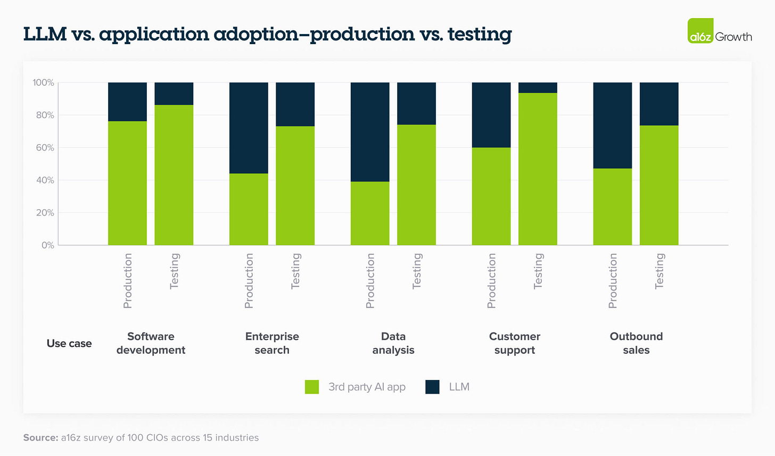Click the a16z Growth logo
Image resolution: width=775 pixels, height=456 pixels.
click(719, 31)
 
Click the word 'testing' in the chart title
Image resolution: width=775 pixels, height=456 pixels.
click(479, 34)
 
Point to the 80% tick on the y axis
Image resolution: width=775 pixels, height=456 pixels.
click(44, 115)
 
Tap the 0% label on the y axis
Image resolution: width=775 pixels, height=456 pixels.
click(47, 245)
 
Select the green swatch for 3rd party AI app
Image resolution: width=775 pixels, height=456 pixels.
click(312, 387)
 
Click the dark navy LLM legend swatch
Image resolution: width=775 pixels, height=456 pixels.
click(432, 387)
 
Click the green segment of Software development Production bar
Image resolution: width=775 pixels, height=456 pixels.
click(127, 183)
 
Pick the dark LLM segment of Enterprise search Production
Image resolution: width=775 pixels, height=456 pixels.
click(249, 128)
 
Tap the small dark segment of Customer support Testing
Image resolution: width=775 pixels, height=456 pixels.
click(538, 88)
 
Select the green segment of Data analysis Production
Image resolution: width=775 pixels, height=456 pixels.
click(370, 213)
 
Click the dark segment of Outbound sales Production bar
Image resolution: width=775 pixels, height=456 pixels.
click(613, 126)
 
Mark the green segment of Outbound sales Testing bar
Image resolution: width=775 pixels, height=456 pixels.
click(659, 185)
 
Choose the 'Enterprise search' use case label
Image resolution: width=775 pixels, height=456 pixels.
click(272, 343)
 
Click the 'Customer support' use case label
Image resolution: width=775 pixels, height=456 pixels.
click(514, 343)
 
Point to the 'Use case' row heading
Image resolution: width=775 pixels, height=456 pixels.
click(69, 344)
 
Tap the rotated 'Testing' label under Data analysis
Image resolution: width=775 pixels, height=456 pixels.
click(417, 271)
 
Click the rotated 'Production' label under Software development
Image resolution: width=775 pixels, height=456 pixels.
click(128, 280)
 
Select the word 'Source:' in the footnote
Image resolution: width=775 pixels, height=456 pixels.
click(40, 437)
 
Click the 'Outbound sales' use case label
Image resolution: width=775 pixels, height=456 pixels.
click(636, 343)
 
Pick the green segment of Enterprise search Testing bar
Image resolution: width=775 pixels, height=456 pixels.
click(295, 186)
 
